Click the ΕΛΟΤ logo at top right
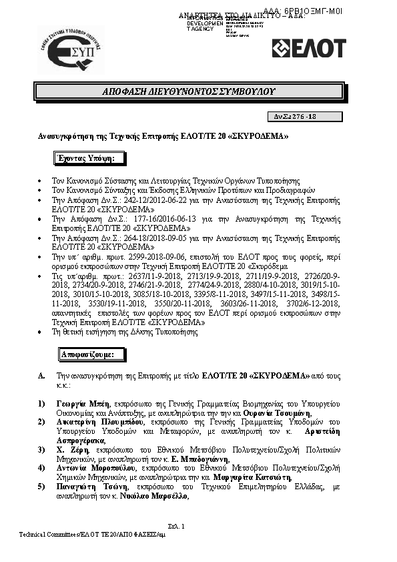click(x=309, y=48)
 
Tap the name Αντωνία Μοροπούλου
click(x=93, y=468)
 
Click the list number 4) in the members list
click(x=41, y=468)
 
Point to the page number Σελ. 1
click(x=175, y=527)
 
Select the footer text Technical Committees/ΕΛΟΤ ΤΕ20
click(x=67, y=535)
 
